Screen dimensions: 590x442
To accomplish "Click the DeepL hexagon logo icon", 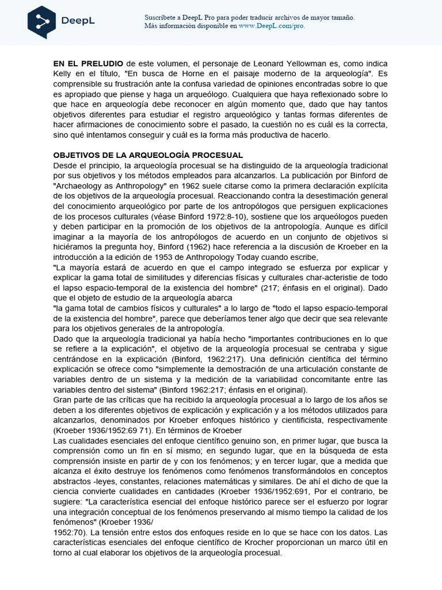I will (41, 21).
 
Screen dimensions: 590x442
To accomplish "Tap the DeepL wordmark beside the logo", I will (78, 22).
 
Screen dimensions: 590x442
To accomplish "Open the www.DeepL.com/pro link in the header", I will (272, 26).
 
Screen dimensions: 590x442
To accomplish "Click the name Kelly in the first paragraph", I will (64, 73).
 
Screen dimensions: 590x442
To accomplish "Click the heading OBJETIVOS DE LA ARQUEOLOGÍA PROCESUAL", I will (148, 156).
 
